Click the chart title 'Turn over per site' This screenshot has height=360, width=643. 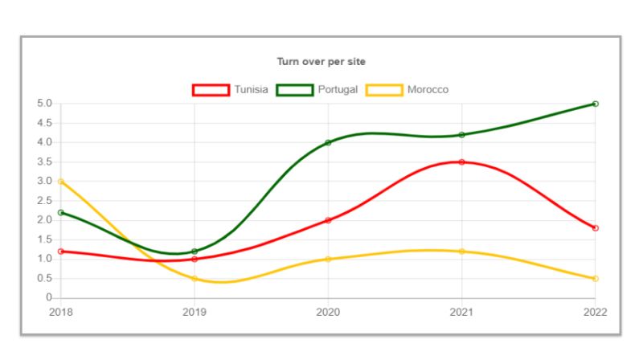point(321,61)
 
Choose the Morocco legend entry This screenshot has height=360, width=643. point(408,89)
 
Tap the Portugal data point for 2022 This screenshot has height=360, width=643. point(596,104)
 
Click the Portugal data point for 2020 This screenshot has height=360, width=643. point(328,142)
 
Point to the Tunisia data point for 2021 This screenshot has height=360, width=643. point(461,162)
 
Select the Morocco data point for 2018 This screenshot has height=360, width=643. point(61,182)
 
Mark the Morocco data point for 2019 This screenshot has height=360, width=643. point(195,279)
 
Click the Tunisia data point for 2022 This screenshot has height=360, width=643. point(596,228)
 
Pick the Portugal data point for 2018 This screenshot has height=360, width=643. point(61,212)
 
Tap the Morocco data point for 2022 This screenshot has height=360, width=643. point(596,279)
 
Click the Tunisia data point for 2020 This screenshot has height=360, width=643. point(328,220)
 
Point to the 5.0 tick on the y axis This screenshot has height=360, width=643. point(44,104)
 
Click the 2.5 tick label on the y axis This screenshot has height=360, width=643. point(44,201)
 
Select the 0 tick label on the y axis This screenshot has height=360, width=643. point(49,298)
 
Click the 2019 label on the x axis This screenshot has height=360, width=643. point(195,311)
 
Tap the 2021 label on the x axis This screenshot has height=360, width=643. point(461,311)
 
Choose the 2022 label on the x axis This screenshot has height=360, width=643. point(595,311)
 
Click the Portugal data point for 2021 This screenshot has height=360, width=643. point(461,135)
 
